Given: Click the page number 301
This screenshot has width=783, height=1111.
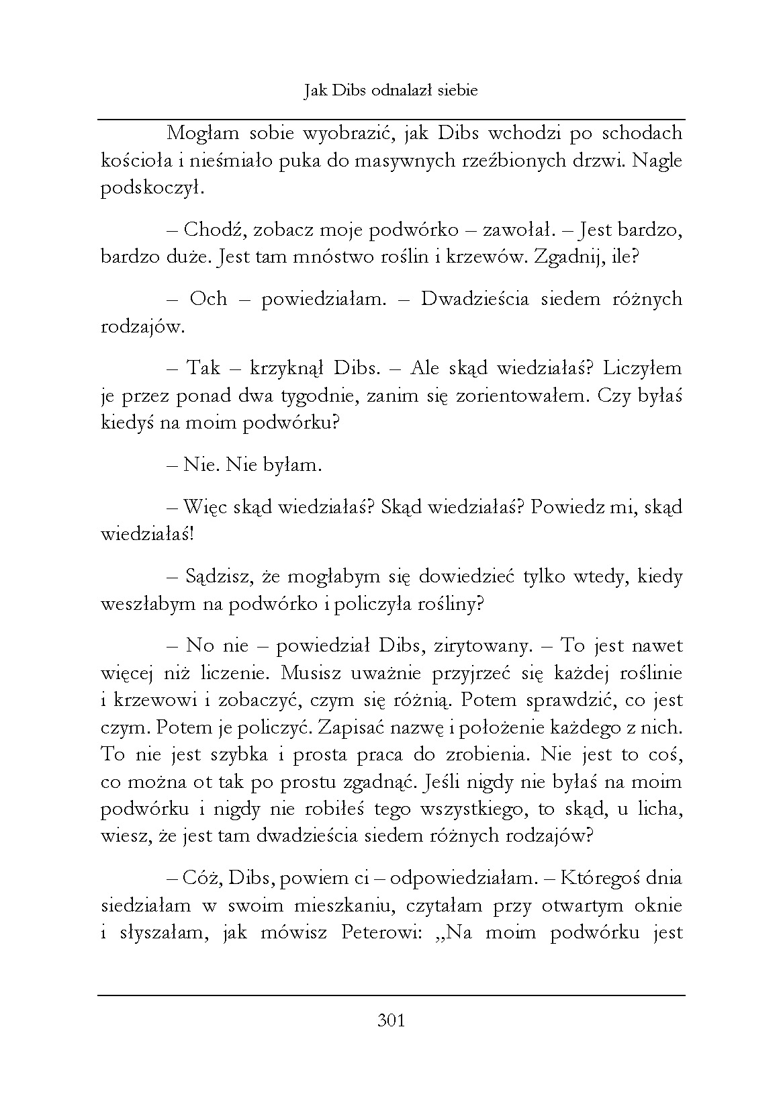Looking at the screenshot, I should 391,1021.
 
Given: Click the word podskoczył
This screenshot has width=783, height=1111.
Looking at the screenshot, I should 151,189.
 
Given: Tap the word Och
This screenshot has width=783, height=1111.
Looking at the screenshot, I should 208,299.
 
